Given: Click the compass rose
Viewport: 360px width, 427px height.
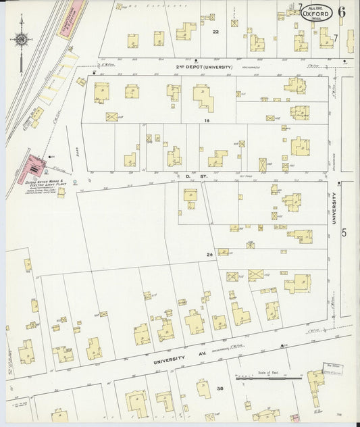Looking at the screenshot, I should coord(20,40).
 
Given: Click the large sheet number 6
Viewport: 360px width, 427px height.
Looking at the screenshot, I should coord(342,11).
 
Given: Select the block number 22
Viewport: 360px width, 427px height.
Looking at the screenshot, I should coord(215,32).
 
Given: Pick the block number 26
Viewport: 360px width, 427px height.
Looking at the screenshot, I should coord(210,255).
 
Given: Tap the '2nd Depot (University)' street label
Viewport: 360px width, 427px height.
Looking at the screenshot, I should coord(204,67).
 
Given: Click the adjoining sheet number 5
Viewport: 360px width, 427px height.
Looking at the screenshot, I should coord(344,233).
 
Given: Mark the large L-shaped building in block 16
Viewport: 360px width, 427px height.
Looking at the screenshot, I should coord(203,97).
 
